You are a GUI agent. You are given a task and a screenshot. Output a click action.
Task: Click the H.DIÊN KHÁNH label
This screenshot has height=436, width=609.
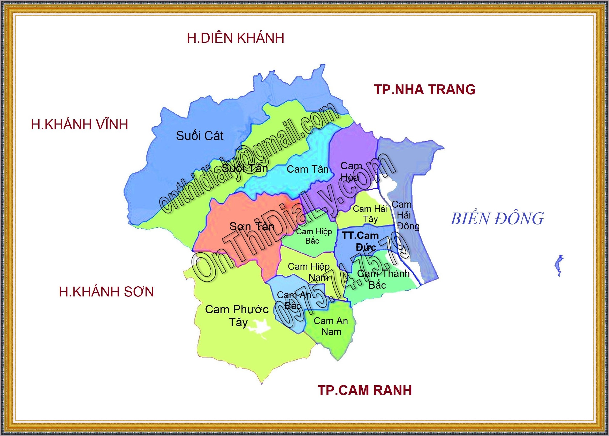pos(235,38)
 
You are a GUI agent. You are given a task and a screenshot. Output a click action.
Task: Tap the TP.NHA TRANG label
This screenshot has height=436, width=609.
pos(425,89)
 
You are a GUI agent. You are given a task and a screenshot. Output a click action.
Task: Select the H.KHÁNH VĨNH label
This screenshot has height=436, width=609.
pos(80,125)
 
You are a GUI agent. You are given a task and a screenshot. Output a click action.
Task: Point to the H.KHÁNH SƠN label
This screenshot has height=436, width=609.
pos(106,292)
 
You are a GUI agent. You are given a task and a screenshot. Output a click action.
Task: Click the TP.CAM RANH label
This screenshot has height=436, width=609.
pos(364,390)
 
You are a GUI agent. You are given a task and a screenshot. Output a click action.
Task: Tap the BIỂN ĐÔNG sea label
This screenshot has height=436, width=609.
pos(497,219)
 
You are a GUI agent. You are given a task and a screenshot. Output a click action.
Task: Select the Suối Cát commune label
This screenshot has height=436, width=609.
pos(200,136)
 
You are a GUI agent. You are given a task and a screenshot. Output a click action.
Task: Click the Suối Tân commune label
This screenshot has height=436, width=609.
pos(245,168)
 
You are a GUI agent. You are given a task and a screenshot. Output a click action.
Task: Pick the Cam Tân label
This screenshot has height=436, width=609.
pos(307,169)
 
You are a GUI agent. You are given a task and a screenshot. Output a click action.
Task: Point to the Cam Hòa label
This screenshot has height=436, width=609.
pos(350,172)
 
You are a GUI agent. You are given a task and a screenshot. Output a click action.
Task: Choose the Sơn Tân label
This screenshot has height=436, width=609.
pos(252,227)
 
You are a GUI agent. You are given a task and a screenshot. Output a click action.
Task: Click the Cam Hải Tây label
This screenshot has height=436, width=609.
pos(370,214)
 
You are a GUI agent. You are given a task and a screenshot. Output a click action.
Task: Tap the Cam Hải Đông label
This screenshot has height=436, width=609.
pos(405,215)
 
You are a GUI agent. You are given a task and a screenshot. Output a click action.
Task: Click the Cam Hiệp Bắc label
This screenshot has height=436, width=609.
pos(314,236)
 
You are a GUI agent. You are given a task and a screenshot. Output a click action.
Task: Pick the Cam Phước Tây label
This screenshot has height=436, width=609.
pos(237,315)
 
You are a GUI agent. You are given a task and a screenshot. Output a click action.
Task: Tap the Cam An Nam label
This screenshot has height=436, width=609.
pos(331,326)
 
